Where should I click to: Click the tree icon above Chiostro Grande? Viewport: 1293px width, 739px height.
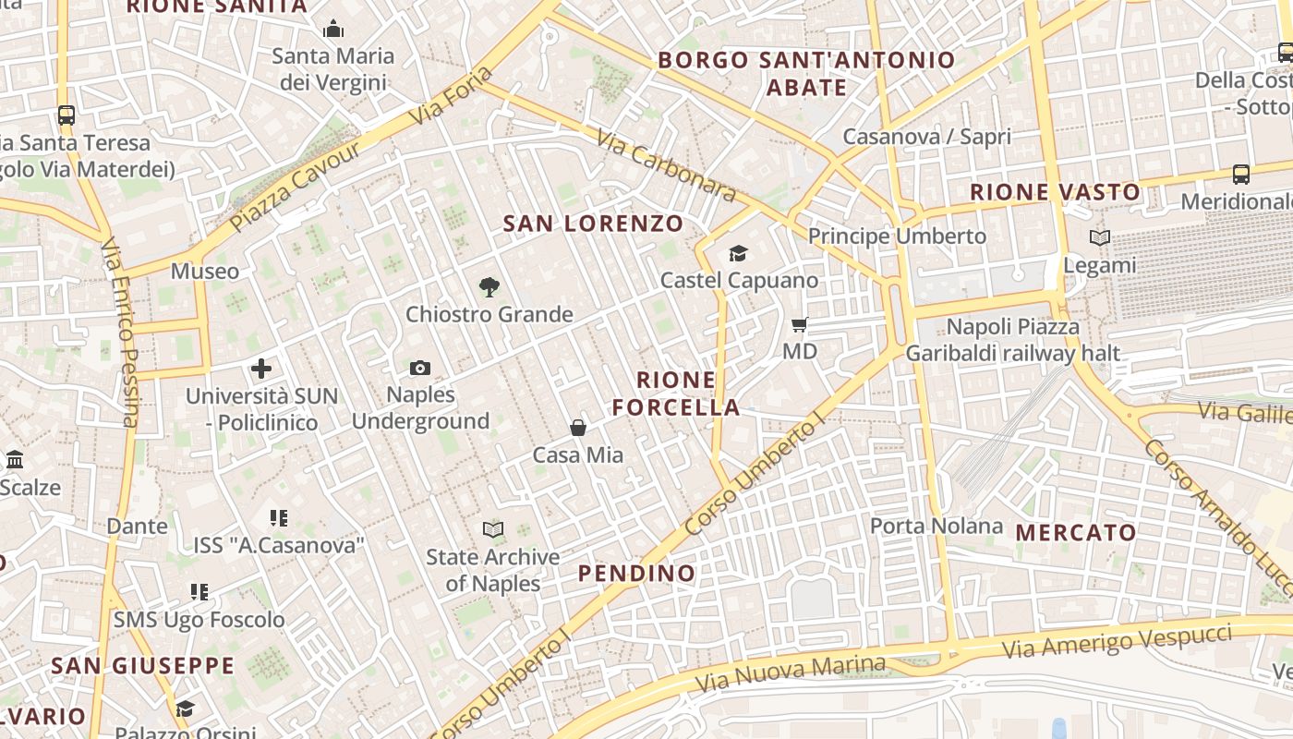pyautogui.click(x=489, y=287)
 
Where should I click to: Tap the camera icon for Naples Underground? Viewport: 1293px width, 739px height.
pyautogui.click(x=420, y=369)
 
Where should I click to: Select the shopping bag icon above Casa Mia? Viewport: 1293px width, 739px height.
pyautogui.click(x=578, y=428)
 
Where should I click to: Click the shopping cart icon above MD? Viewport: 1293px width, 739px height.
pyautogui.click(x=800, y=325)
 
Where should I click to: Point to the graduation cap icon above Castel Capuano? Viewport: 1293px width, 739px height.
pyautogui.click(x=738, y=253)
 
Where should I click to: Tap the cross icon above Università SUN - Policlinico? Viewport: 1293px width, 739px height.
pyautogui.click(x=261, y=369)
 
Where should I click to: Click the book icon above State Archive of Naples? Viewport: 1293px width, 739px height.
pyautogui.click(x=493, y=530)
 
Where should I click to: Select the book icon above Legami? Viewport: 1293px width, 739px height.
pyautogui.click(x=1099, y=238)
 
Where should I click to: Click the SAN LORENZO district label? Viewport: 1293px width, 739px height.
pyautogui.click(x=593, y=224)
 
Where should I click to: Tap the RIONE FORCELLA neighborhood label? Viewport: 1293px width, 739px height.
pyautogui.click(x=676, y=394)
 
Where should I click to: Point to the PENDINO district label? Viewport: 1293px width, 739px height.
pyautogui.click(x=636, y=574)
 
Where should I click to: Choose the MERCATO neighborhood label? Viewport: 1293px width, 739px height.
pyautogui.click(x=1076, y=533)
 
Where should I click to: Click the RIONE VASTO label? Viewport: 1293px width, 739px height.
pyautogui.click(x=1055, y=193)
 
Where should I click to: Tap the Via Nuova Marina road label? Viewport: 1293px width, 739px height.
pyautogui.click(x=790, y=674)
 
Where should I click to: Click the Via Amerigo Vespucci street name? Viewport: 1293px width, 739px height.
pyautogui.click(x=1117, y=641)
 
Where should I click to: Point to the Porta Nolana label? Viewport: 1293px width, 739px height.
pyautogui.click(x=937, y=527)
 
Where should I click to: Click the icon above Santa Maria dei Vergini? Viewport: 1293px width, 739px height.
pyautogui.click(x=333, y=30)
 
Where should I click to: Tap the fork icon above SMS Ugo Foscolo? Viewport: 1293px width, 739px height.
pyautogui.click(x=199, y=591)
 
